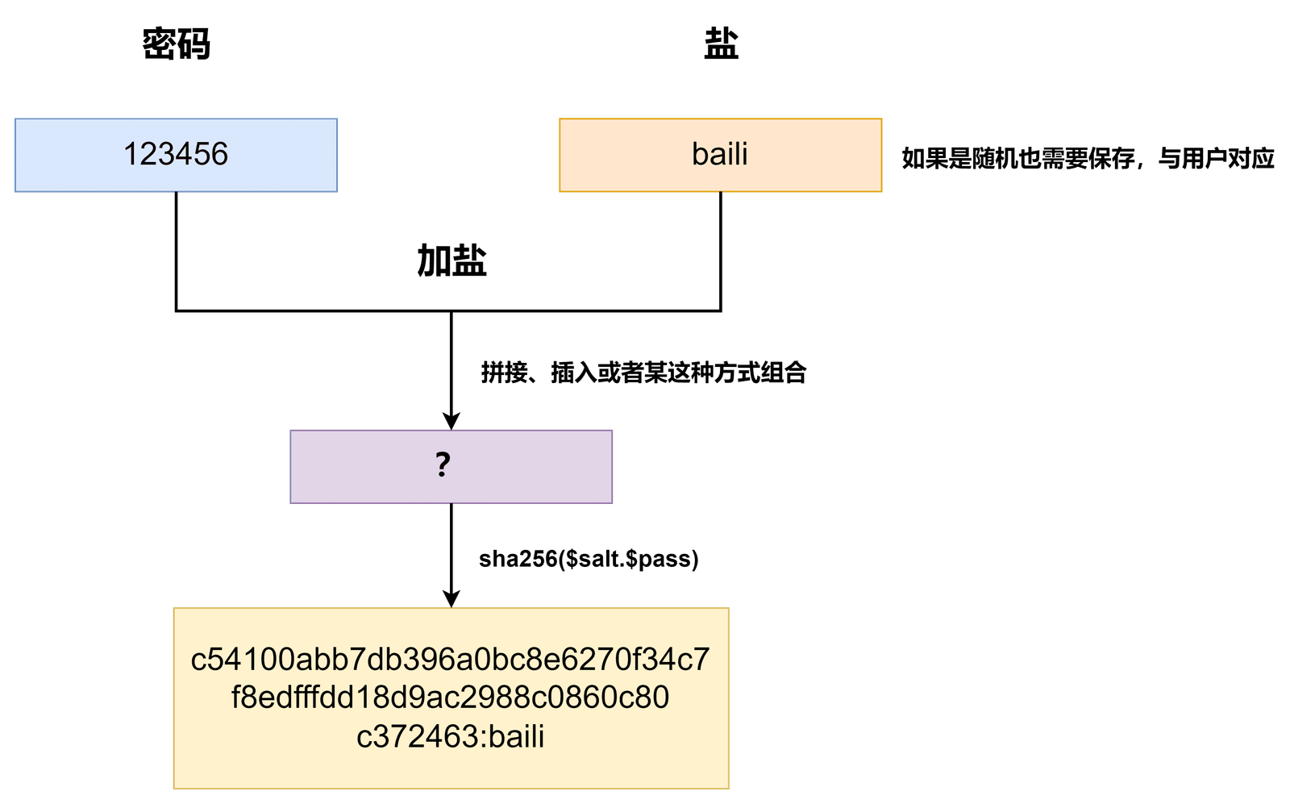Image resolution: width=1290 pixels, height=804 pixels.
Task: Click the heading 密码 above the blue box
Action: click(x=177, y=44)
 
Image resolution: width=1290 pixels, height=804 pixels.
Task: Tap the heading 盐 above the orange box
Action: click(x=721, y=44)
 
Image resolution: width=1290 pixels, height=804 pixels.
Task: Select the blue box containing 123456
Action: click(x=177, y=155)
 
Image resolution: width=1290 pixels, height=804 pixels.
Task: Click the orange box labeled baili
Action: click(x=721, y=155)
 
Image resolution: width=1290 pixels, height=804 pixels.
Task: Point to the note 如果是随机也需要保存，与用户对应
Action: click(x=1088, y=158)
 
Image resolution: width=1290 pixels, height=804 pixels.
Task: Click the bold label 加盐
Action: click(x=452, y=261)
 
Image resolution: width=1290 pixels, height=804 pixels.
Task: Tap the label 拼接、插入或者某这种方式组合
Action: click(x=644, y=373)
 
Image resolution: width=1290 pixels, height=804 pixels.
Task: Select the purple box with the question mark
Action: click(x=451, y=466)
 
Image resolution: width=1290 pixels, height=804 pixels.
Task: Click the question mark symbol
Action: click(x=443, y=464)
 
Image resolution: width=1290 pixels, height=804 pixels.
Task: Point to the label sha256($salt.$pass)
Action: click(x=589, y=559)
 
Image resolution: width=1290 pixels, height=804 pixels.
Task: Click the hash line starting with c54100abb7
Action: click(x=451, y=660)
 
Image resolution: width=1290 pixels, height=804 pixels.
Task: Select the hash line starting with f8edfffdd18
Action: click(x=451, y=698)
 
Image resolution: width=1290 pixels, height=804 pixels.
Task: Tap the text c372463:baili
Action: click(x=451, y=736)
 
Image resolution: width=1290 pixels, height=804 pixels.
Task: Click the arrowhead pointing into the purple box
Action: click(x=451, y=421)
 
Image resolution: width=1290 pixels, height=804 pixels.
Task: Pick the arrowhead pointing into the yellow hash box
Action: click(x=451, y=599)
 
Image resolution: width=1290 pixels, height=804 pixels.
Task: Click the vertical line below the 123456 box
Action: click(x=177, y=251)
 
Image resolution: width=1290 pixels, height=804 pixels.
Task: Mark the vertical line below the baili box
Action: click(x=721, y=251)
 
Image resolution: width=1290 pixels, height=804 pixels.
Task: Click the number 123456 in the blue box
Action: click(x=177, y=154)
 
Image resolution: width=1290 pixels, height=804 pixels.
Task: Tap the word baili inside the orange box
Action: click(x=720, y=154)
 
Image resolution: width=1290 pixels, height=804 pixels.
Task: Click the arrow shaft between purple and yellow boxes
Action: click(x=451, y=547)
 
